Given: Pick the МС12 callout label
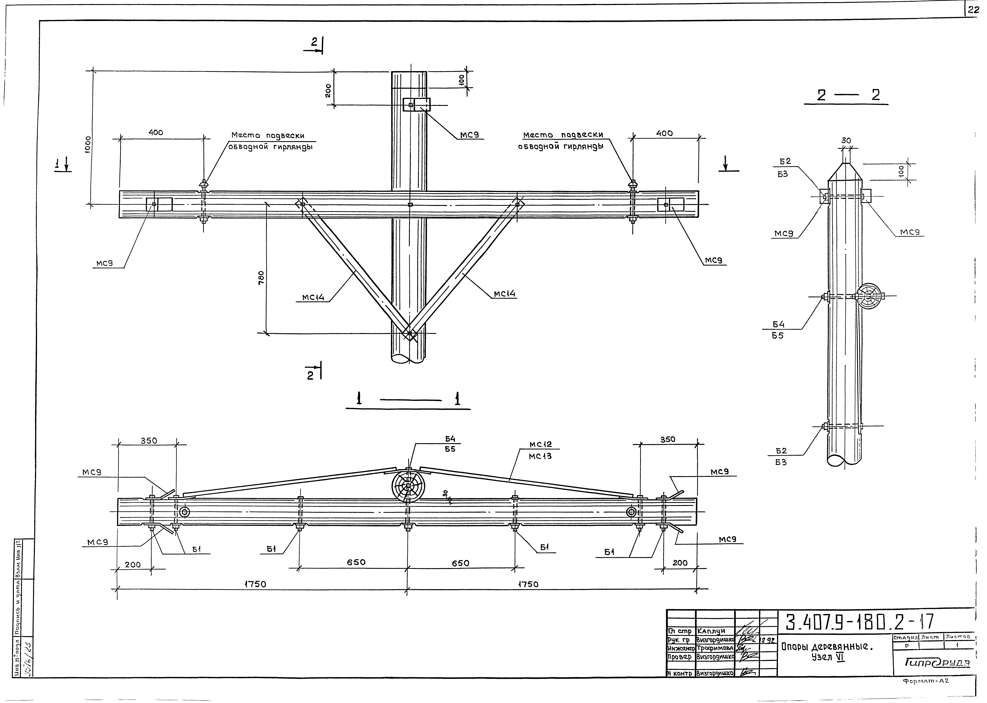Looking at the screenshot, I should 540,445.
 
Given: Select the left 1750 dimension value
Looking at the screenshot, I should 255,584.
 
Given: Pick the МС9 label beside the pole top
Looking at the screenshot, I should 469,135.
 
